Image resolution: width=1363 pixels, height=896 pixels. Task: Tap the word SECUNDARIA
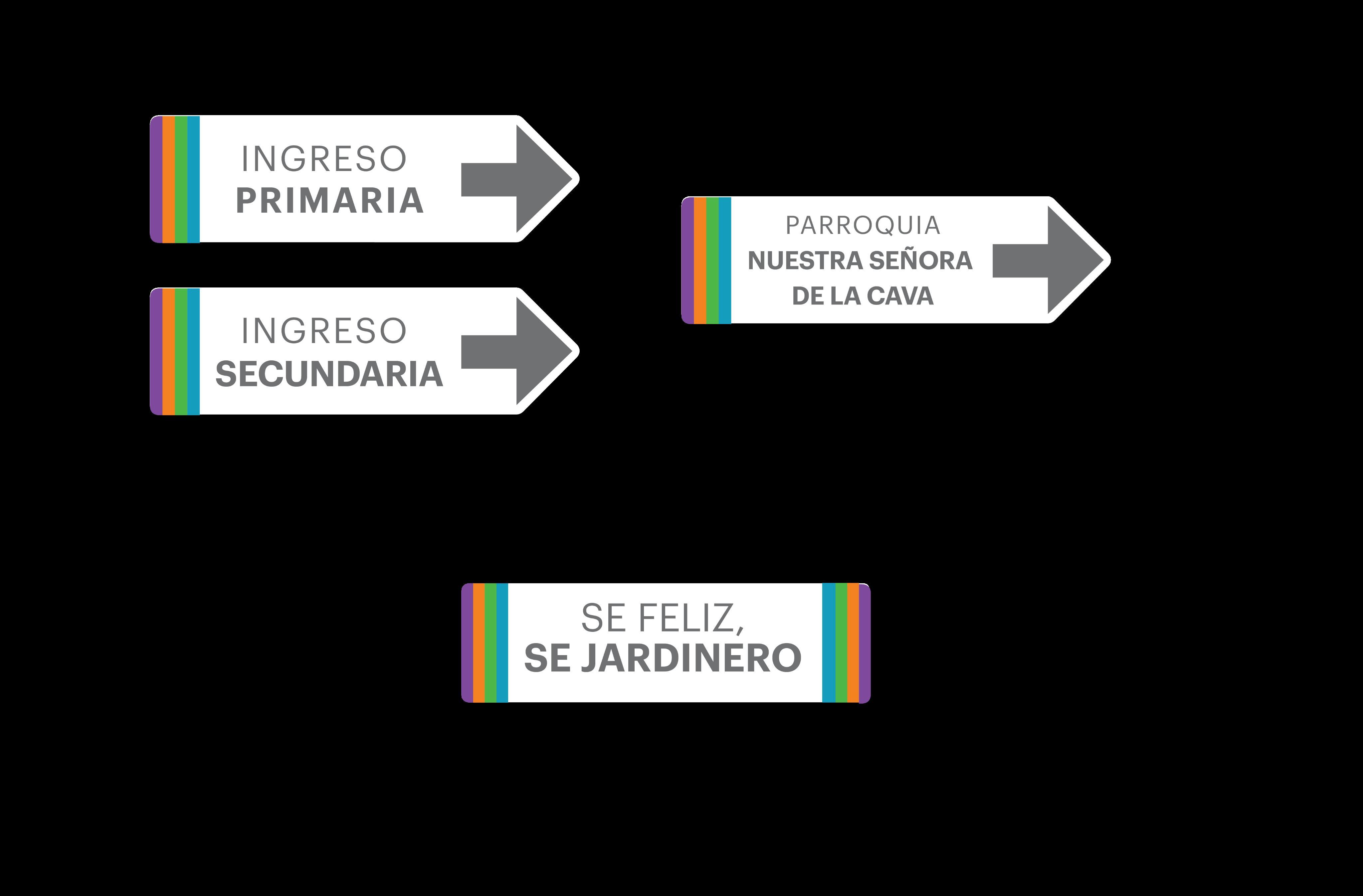(329, 374)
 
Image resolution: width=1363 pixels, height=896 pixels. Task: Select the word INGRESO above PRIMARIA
(324, 159)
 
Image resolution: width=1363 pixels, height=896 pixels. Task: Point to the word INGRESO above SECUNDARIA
(324, 331)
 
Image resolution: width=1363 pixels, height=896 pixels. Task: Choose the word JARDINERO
(691, 658)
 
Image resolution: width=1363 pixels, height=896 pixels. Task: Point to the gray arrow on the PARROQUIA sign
(1047, 261)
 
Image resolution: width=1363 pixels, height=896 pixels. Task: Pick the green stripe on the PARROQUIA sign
(712, 261)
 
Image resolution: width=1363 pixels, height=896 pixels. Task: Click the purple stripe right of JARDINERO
(865, 643)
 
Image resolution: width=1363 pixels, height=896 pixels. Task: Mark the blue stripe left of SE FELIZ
(502, 643)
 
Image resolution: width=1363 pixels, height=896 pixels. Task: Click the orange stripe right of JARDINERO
(853, 643)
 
